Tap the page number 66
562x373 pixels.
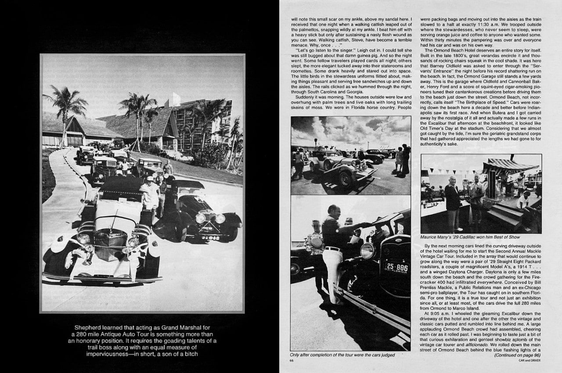292,360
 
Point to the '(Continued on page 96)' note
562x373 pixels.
518,355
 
